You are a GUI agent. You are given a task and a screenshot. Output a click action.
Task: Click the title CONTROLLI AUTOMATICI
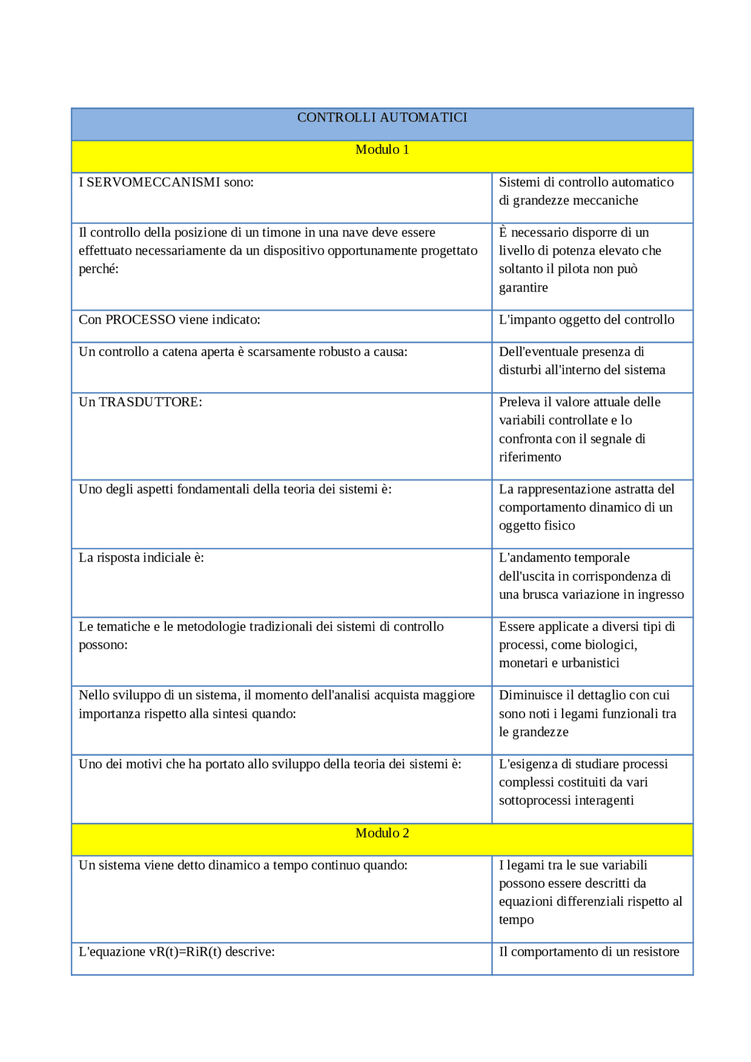click(x=382, y=117)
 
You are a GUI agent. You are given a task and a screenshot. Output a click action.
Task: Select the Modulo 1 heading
click(x=382, y=150)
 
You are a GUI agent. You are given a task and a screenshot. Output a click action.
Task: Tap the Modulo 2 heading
click(x=382, y=833)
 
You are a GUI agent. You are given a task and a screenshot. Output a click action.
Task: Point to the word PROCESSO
click(x=140, y=320)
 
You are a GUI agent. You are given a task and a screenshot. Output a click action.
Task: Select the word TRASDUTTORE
click(x=150, y=402)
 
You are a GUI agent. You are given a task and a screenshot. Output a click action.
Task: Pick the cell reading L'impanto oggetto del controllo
click(x=586, y=320)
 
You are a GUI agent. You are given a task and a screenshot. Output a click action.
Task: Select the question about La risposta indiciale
click(x=141, y=558)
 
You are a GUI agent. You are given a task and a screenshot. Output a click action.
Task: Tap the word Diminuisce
click(x=530, y=695)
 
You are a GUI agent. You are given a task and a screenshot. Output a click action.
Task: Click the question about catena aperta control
click(x=243, y=352)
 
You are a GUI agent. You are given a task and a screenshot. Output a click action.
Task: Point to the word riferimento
click(x=530, y=457)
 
